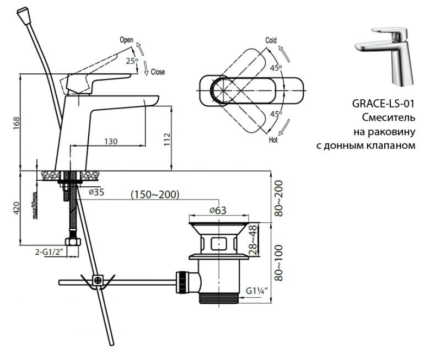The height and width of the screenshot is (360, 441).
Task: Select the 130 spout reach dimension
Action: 110,142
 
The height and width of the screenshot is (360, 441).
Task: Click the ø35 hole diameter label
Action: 97,192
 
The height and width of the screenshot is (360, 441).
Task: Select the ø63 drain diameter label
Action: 218,211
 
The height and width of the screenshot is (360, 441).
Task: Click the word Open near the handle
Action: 127,40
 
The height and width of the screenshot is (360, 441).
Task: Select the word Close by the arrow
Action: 158,72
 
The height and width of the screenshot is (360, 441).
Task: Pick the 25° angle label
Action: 131,61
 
